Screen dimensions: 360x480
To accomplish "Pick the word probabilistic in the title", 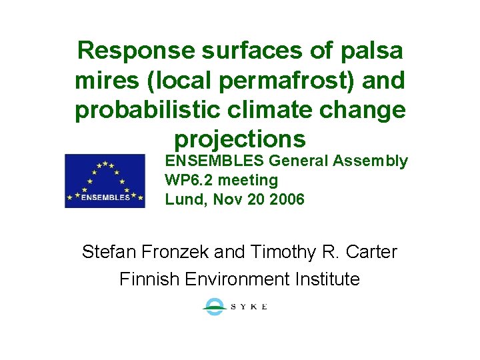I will click(143, 110).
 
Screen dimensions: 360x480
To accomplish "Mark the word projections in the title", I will click(239, 139).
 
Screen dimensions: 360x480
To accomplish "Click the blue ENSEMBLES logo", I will click(105, 181).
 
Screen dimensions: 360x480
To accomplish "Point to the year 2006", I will click(287, 199).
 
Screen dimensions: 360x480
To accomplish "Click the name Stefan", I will click(105, 252).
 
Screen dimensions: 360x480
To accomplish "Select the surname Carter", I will click(371, 252).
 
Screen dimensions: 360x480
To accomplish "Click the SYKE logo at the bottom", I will click(235, 307).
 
